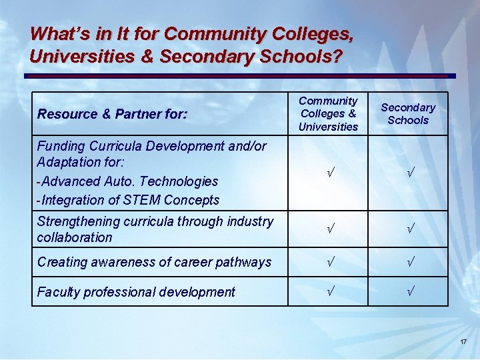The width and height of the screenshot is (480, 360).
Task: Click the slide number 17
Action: pos(463,342)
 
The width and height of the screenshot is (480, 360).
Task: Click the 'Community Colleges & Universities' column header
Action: pos(328,113)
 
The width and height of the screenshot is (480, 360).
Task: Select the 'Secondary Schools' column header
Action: pos(407,113)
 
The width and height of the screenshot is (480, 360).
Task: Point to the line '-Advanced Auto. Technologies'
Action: pos(128,181)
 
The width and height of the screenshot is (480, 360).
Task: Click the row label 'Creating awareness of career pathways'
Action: pos(154,262)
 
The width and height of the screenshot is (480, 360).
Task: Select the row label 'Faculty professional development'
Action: pos(136,292)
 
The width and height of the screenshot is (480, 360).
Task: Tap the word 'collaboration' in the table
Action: pos(75,237)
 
